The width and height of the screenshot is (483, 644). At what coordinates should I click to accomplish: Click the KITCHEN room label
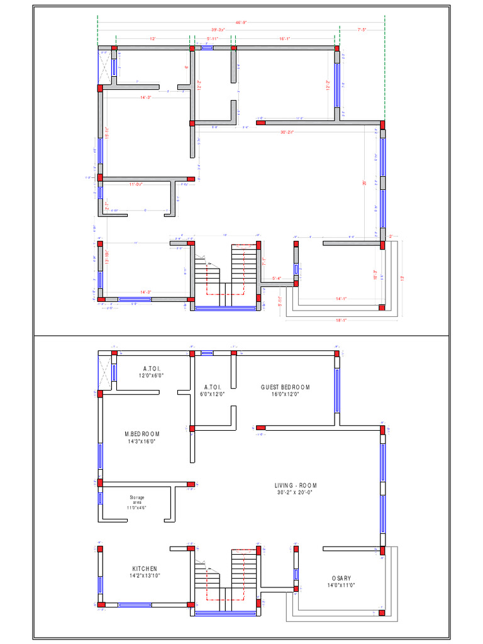145,569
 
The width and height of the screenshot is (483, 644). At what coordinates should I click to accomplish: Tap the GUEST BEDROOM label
286,387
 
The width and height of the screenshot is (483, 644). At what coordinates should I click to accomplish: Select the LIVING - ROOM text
296,486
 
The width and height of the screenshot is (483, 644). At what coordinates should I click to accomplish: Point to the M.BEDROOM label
142,435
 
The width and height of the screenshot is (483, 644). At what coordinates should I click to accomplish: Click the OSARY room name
341,578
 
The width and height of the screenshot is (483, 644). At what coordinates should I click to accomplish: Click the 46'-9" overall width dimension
241,22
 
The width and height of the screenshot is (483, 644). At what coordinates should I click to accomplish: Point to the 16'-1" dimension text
284,38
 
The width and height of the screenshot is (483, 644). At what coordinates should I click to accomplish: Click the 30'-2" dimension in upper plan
287,132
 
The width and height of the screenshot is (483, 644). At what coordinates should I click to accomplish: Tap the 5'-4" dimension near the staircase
277,278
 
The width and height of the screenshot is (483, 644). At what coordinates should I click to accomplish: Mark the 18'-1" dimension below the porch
341,320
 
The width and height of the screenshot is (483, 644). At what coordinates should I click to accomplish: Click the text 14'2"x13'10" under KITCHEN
145,575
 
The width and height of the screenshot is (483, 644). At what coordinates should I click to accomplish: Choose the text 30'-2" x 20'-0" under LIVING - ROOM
296,493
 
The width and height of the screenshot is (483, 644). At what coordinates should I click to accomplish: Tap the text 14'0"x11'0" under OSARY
341,585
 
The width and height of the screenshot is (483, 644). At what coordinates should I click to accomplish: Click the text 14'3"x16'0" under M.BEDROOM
142,441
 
